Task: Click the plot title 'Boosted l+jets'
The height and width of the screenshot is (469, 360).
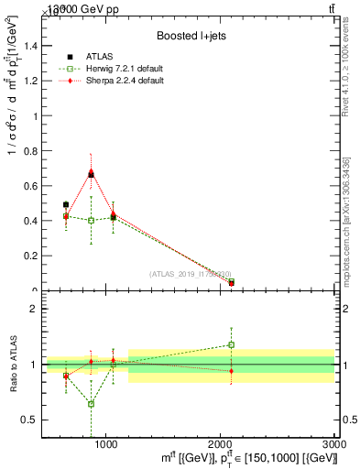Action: coord(189,36)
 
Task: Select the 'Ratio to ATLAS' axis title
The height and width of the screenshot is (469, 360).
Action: coord(12,365)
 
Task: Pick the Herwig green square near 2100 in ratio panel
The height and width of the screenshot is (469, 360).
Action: coord(232,344)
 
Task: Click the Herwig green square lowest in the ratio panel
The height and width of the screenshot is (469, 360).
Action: coord(91,403)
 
